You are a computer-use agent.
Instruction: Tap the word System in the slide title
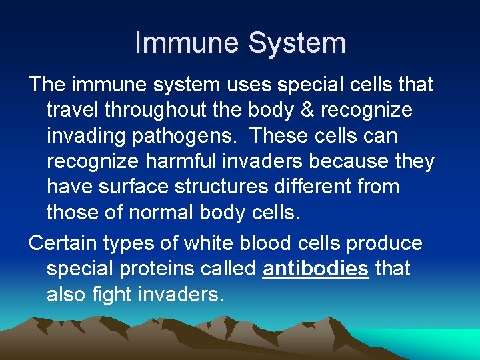pyautogui.click(x=297, y=43)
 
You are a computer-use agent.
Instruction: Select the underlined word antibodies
pyautogui.click(x=316, y=269)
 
